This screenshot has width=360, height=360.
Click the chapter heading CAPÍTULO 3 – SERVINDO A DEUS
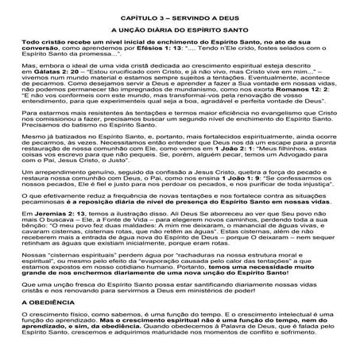tap(180, 15)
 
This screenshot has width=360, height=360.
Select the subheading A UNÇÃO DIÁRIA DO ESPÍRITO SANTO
tap(180, 29)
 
